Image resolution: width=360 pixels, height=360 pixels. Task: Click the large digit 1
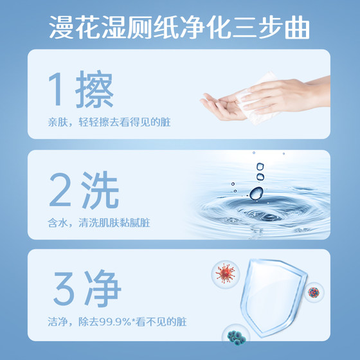[56, 91]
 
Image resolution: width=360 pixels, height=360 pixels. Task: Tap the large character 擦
[93, 91]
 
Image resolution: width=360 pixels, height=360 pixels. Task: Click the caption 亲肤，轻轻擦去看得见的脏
[107, 122]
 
